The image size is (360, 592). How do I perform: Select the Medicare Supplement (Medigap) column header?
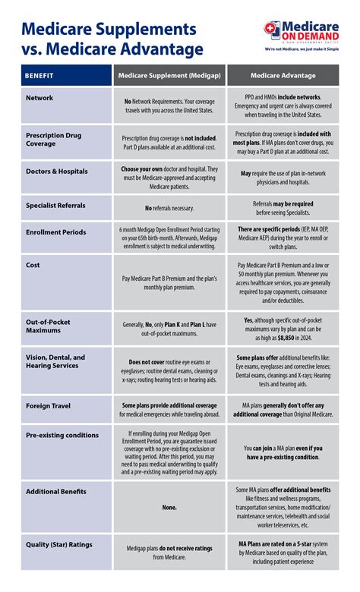pos(169,77)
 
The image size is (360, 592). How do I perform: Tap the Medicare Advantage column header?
pos(283,77)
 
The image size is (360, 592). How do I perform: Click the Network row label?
pos(39,98)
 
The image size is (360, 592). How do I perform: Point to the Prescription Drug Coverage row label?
pos(54,138)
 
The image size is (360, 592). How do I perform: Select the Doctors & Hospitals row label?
pos(56,172)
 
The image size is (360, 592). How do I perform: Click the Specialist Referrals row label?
pos(55,205)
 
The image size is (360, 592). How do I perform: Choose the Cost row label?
pos(33,265)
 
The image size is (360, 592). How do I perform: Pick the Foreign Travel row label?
pos(48,406)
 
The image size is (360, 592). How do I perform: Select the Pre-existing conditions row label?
pos(62,435)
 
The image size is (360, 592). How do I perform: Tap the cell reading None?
pos(169,509)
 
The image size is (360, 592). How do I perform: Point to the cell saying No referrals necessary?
pos(169,208)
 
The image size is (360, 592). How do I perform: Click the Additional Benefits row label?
pos(57,492)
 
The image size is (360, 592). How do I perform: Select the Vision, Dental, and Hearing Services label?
pos(55,361)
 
